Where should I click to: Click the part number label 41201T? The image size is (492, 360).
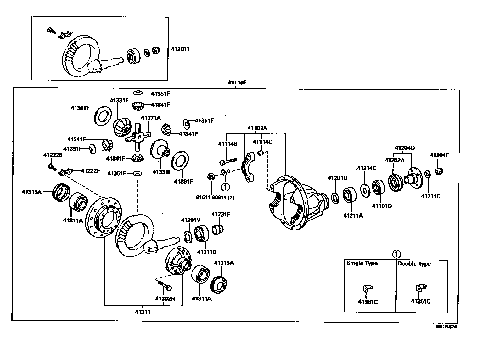[181, 49]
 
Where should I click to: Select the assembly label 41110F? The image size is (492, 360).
[237, 83]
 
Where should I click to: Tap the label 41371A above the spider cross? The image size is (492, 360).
[150, 118]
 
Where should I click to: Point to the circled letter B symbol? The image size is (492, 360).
[211, 176]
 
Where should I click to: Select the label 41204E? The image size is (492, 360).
[439, 155]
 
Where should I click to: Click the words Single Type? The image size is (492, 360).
[362, 263]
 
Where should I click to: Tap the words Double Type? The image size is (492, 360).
[414, 263]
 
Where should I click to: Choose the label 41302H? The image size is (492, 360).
[165, 299]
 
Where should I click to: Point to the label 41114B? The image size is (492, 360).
[228, 144]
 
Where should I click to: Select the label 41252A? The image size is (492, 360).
[394, 160]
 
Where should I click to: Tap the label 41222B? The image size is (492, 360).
[53, 155]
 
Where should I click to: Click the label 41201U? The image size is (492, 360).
[337, 178]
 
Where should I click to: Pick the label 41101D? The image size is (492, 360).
[382, 206]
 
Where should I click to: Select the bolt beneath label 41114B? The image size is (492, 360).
[227, 161]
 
